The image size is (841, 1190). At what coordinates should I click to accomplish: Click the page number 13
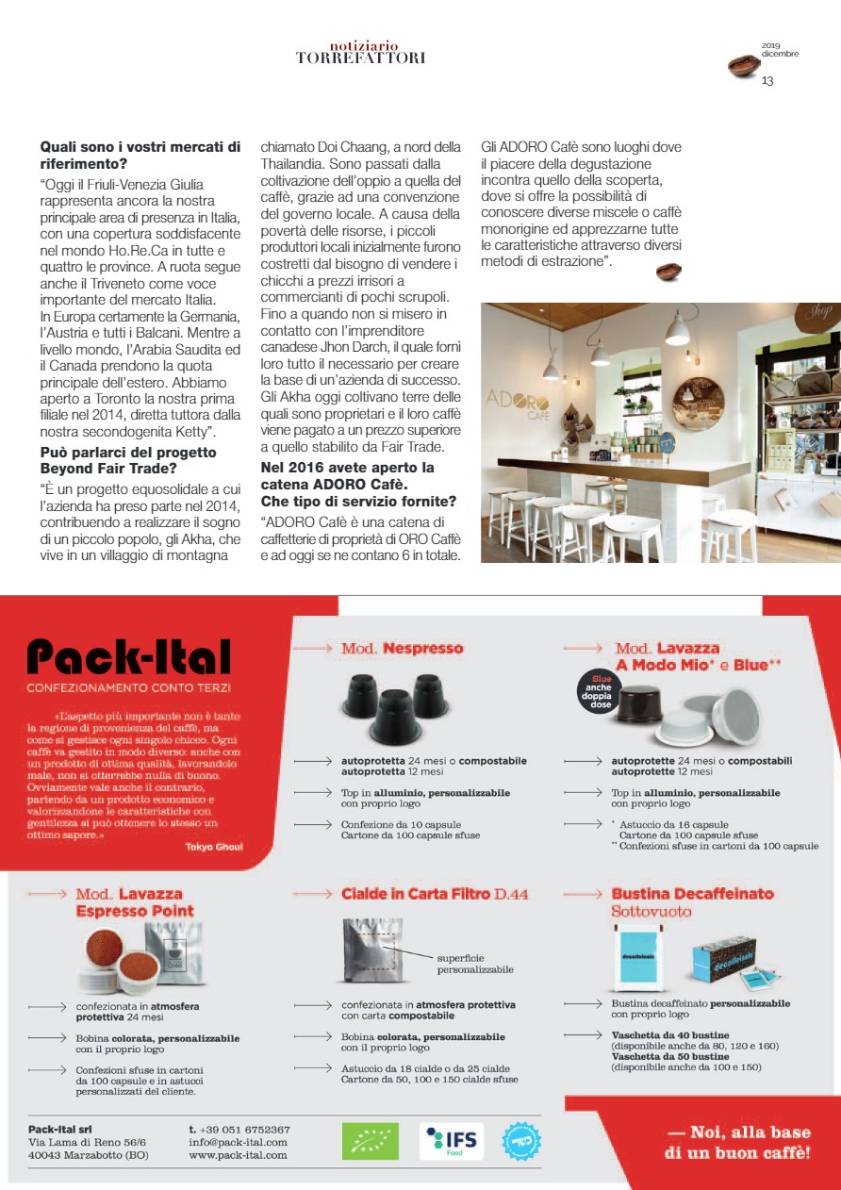[x=767, y=81]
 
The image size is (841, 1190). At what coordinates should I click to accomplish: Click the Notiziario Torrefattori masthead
[x=360, y=52]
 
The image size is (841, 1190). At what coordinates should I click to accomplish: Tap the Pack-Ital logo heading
[x=128, y=656]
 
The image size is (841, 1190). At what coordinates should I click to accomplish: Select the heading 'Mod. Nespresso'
[x=402, y=649]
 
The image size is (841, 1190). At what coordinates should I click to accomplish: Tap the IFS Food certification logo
[x=452, y=1141]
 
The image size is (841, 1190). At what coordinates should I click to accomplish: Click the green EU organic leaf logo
[x=370, y=1141]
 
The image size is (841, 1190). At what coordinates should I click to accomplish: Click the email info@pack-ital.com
[x=238, y=1142]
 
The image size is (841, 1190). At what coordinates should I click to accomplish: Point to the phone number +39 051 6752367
[x=239, y=1129]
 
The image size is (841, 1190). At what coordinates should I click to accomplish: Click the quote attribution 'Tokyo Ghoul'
[x=214, y=847]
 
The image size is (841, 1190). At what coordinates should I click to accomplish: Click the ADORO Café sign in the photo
[x=518, y=405]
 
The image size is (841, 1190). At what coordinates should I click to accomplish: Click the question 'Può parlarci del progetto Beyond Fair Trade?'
[x=128, y=459]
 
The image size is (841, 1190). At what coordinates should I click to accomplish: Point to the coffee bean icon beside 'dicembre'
[x=743, y=66]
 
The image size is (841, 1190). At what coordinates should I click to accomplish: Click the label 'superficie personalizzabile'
[x=475, y=963]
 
